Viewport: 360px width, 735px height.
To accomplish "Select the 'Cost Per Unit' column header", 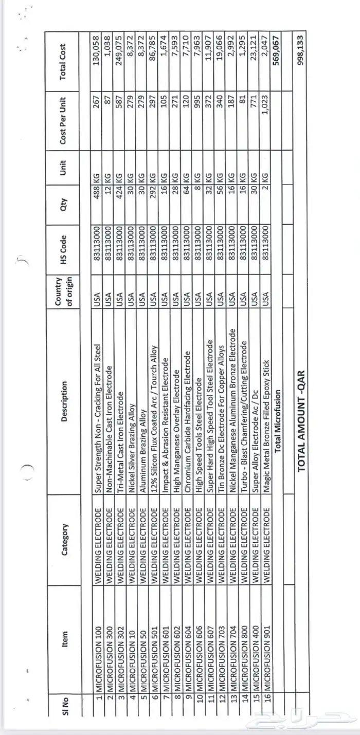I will (x=63, y=121).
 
